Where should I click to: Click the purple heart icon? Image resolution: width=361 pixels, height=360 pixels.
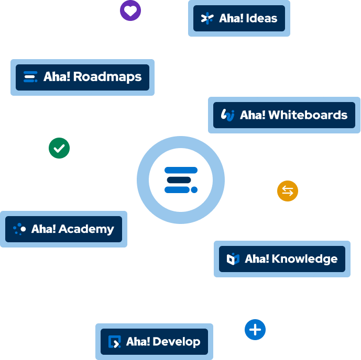click(x=130, y=10)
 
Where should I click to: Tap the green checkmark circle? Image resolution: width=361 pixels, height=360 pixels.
click(x=59, y=149)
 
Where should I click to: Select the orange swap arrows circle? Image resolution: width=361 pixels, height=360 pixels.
click(x=288, y=191)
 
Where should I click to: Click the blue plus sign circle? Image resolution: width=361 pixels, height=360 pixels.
click(x=255, y=330)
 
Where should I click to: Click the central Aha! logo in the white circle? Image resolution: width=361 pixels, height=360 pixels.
click(x=181, y=179)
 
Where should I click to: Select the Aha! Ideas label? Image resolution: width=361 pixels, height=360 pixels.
click(x=239, y=18)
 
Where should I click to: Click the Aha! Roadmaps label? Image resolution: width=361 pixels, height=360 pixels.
click(x=83, y=77)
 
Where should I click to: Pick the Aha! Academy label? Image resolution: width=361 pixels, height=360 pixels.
click(x=64, y=229)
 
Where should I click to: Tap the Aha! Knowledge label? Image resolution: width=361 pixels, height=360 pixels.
click(x=282, y=259)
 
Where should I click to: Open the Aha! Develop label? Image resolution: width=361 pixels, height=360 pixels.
click(x=155, y=342)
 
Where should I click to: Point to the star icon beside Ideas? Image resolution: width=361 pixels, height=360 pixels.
click(x=207, y=18)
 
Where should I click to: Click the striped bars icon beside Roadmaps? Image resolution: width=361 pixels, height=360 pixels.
click(x=31, y=77)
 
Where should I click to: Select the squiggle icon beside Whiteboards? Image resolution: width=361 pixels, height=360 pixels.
click(x=228, y=115)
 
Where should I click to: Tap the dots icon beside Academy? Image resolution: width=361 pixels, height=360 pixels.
click(x=19, y=229)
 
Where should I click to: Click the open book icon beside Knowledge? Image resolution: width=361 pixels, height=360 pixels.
click(x=233, y=259)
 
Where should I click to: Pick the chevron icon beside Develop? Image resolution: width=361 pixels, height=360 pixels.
click(x=114, y=342)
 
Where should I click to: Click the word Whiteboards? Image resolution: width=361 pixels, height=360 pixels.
click(x=308, y=115)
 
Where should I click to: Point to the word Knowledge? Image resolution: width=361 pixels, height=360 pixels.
click(x=304, y=259)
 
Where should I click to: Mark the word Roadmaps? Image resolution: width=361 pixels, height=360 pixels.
click(x=107, y=77)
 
